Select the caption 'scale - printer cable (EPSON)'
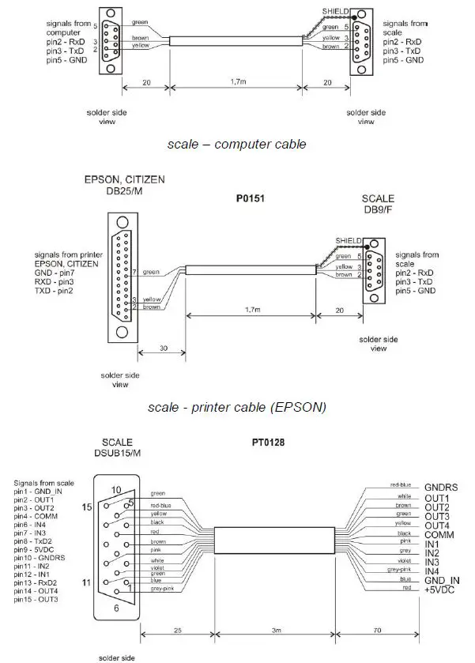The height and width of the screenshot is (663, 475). click(237, 408)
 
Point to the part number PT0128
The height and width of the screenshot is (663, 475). click(253, 443)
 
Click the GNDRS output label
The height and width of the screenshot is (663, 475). click(442, 488)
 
